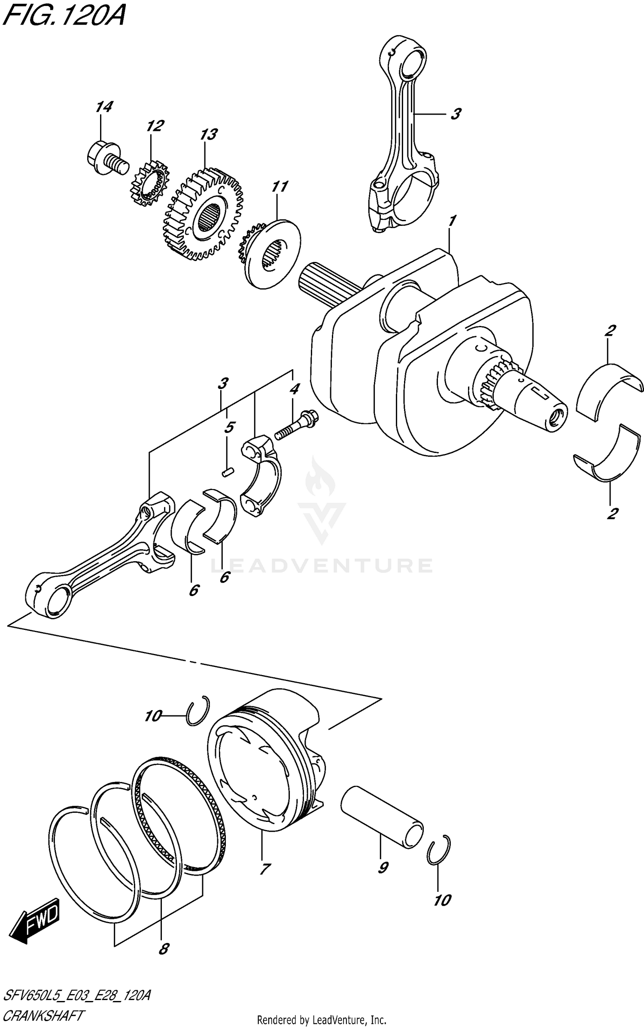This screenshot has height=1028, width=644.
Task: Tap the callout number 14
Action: coord(104,107)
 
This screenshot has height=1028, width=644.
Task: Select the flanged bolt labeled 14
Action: coord(106,159)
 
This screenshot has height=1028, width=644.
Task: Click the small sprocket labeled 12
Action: coord(149,184)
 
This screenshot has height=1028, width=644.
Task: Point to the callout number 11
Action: coord(279,187)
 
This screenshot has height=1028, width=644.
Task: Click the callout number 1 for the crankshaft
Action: coord(452,221)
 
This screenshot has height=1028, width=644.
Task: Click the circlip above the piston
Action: coord(198,711)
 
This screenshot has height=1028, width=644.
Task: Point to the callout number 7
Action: coord(265,869)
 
